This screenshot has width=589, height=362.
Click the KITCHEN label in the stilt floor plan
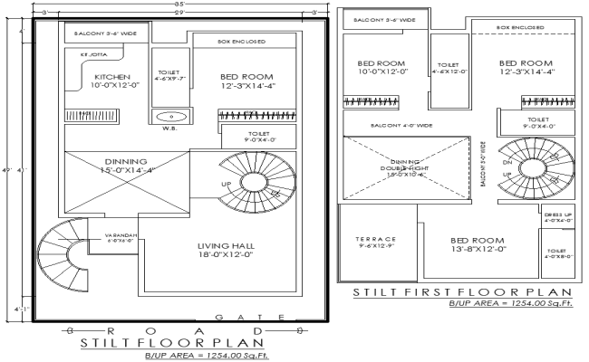coord(111,77)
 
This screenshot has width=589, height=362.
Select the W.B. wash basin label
coord(169,128)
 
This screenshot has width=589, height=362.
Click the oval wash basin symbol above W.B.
coord(169,116)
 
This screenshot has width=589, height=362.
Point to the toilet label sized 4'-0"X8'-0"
coord(555,252)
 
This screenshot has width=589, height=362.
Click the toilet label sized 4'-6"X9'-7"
coord(169,75)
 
